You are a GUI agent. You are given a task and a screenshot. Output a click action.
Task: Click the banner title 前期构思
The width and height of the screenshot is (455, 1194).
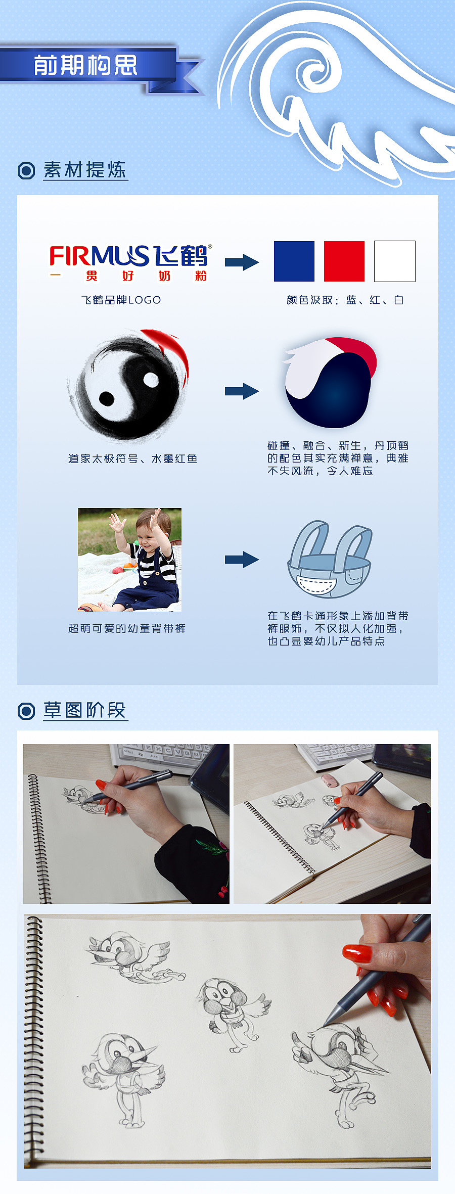(x=85, y=65)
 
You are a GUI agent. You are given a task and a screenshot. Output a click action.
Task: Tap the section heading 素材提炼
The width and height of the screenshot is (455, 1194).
(x=85, y=170)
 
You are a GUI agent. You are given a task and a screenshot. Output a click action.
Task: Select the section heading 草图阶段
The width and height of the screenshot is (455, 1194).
(x=84, y=710)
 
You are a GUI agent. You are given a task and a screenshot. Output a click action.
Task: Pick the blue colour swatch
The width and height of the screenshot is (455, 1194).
(x=294, y=261)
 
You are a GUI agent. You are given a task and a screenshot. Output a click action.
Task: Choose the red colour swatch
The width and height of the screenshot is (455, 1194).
(x=344, y=261)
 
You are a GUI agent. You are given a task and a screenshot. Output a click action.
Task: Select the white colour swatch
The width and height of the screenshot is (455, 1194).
(x=395, y=261)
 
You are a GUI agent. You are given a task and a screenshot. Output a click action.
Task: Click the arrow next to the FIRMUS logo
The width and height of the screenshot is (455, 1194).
(x=242, y=262)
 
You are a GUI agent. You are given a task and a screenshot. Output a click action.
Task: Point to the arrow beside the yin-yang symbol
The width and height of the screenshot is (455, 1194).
(x=242, y=391)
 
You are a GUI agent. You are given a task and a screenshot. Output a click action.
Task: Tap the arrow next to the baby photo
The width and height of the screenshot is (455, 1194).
(x=242, y=560)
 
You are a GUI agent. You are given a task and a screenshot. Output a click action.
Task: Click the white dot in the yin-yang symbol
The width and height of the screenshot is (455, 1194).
(x=151, y=379)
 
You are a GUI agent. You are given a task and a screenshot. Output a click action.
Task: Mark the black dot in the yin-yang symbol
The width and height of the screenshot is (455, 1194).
(x=106, y=398)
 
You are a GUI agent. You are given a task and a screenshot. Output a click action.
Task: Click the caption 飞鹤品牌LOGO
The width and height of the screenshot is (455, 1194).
(x=121, y=300)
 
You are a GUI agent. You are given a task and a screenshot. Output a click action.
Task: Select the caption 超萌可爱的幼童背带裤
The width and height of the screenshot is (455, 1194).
(x=127, y=628)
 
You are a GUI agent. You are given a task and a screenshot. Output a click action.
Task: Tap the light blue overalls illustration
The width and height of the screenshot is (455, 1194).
(x=330, y=560)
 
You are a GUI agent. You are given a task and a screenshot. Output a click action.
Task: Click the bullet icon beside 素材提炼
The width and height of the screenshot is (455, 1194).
(x=26, y=171)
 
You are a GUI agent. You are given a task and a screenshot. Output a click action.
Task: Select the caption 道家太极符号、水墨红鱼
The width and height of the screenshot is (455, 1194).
(x=133, y=458)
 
